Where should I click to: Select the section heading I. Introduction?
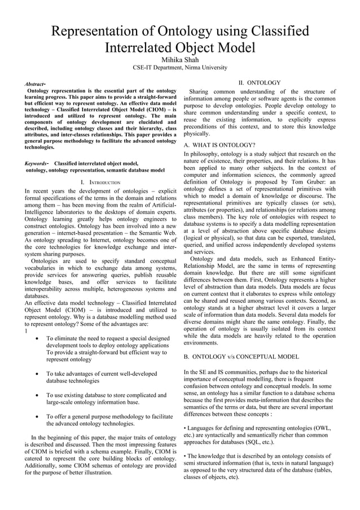tap(100, 182)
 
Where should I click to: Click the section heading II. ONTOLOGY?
tap(259, 82)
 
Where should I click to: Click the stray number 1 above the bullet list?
tap(27, 331)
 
